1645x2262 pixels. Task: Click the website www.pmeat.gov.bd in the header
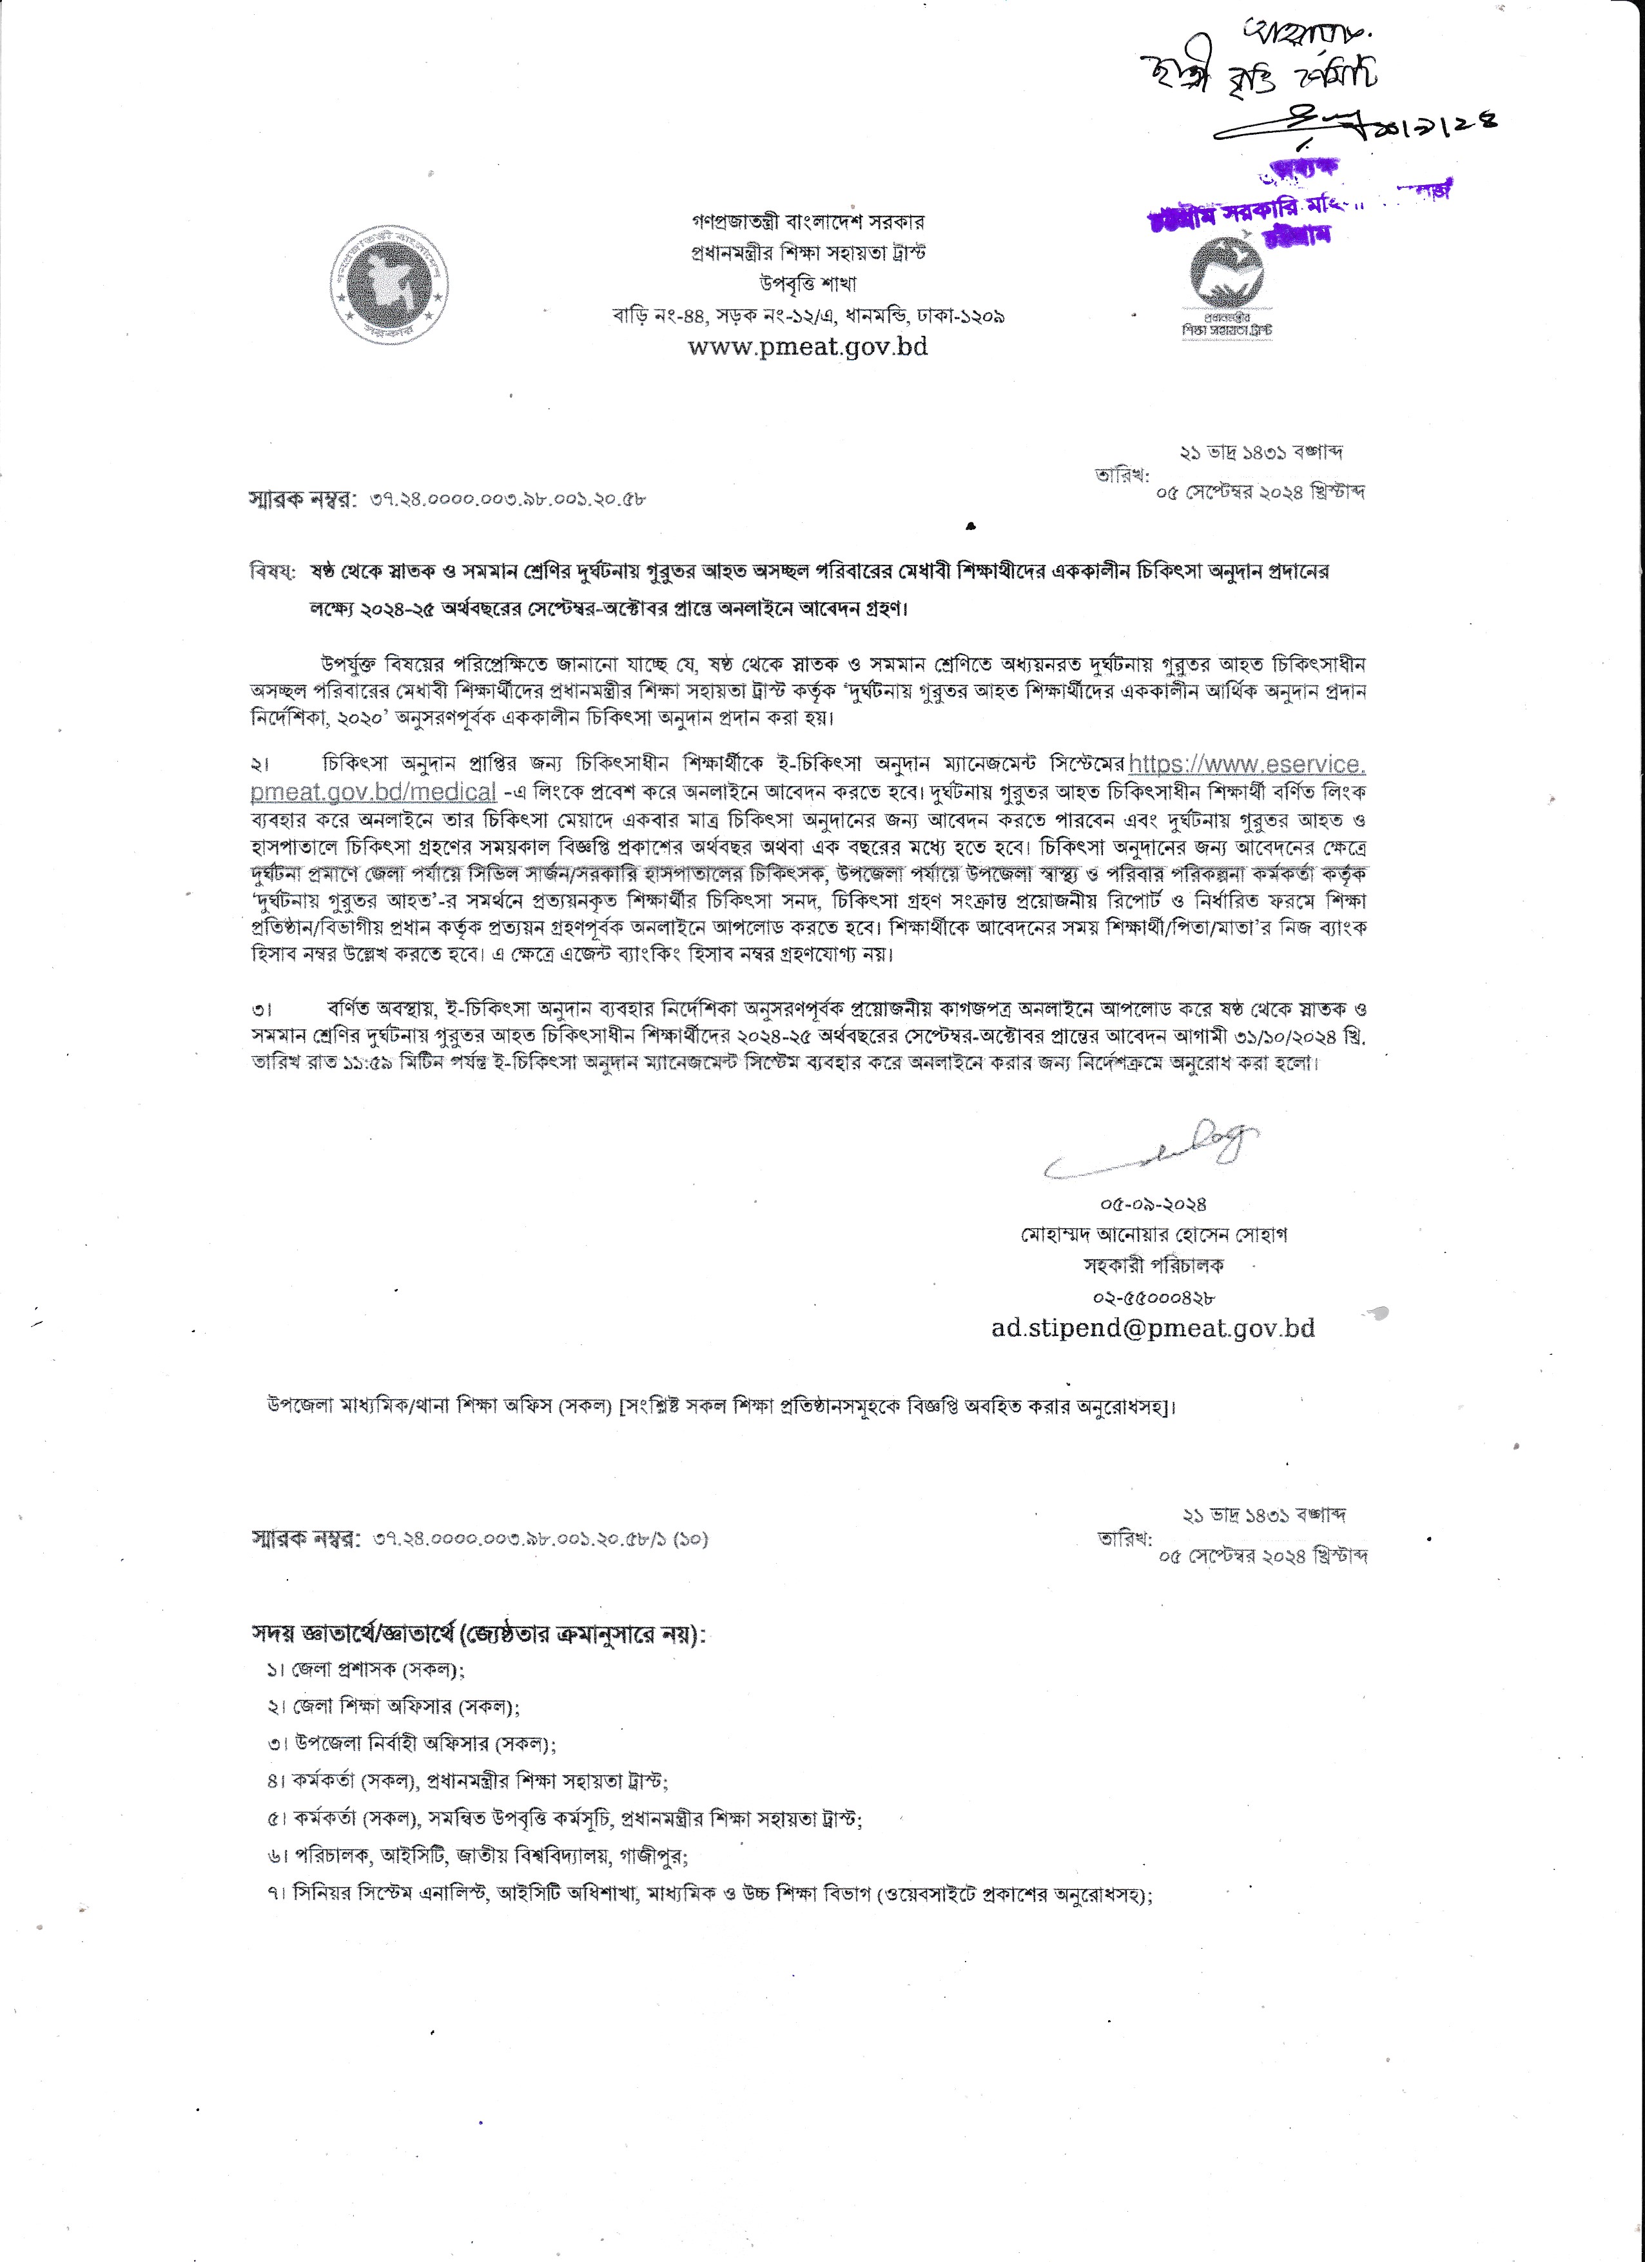808,346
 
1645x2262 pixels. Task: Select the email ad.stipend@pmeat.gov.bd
1153,1328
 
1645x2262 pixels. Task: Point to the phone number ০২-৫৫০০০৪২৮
1153,1297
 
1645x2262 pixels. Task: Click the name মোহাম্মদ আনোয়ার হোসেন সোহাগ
1153,1235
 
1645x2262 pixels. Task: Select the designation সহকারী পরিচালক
1153,1266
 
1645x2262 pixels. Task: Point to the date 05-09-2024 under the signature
1153,1204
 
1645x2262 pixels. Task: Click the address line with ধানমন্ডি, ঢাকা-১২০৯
808,315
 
